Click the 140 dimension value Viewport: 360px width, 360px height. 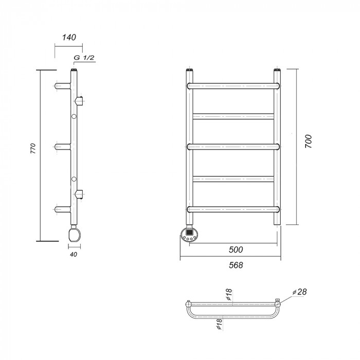pos(69,37)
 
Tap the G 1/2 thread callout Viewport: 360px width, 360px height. pos(84,58)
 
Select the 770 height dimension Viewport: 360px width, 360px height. pos(33,148)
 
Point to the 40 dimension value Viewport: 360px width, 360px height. pos(74,255)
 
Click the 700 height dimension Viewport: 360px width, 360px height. pos(309,141)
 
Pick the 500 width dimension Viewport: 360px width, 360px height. pos(236,249)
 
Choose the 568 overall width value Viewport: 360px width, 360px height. pos(236,265)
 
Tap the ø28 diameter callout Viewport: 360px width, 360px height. pos(300,292)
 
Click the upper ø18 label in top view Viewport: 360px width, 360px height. pos(229,295)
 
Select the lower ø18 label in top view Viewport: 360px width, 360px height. pos(219,324)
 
